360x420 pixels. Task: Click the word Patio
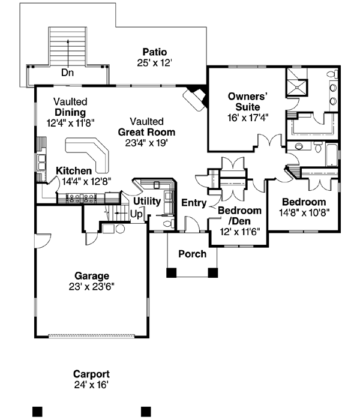pos(154,52)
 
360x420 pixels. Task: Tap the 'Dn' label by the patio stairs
pos(67,73)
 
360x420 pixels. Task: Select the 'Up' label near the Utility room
pos(136,214)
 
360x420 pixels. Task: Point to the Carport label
pos(91,372)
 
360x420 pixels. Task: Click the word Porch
pos(192,254)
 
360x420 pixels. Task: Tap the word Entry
pos(195,203)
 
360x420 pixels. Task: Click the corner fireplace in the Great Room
pos(195,98)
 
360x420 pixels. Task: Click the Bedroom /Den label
pos(239,216)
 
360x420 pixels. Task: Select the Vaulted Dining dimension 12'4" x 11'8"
pos(70,122)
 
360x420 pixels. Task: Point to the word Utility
pos(146,200)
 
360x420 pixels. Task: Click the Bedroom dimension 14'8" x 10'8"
pos(304,212)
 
